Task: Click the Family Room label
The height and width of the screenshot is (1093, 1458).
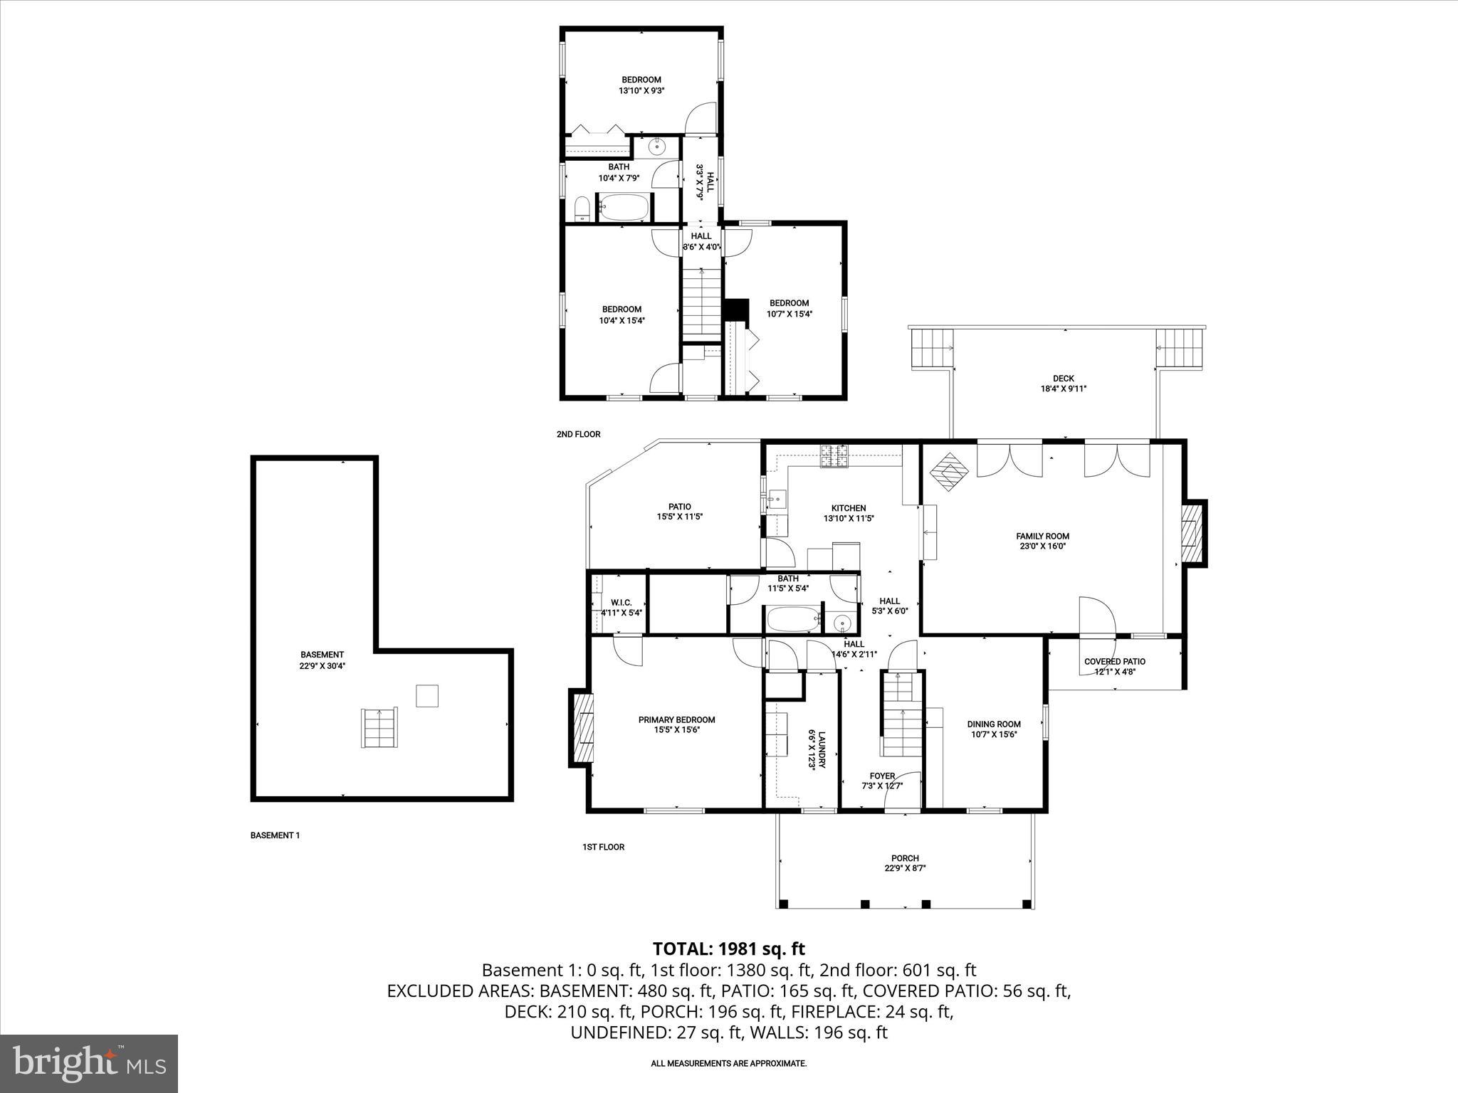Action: click(x=1042, y=536)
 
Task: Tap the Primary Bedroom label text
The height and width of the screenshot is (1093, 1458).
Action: click(x=676, y=719)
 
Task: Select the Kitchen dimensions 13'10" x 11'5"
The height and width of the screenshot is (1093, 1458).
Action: click(x=849, y=519)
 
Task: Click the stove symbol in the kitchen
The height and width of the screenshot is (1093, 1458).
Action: click(x=834, y=455)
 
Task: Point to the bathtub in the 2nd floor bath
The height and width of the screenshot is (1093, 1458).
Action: click(x=623, y=208)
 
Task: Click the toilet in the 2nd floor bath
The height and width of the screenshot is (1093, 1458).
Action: click(x=581, y=208)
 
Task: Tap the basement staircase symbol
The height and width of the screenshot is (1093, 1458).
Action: click(x=379, y=727)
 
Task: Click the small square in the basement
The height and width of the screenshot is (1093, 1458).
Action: click(x=426, y=695)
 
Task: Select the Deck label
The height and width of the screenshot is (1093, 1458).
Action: click(x=1063, y=379)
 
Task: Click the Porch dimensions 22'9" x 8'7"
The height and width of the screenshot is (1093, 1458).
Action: click(x=905, y=868)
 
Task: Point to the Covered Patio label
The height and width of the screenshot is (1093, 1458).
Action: click(x=1114, y=661)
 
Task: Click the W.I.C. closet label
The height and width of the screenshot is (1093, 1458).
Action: click(x=621, y=602)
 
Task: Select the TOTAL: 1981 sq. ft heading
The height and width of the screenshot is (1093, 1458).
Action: click(x=728, y=949)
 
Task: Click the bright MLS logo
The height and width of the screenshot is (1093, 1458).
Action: click(x=89, y=1064)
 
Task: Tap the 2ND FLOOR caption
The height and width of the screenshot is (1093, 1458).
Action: click(x=578, y=434)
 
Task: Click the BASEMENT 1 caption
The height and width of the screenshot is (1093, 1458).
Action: click(x=275, y=835)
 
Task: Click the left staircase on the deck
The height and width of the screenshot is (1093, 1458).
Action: click(x=931, y=349)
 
